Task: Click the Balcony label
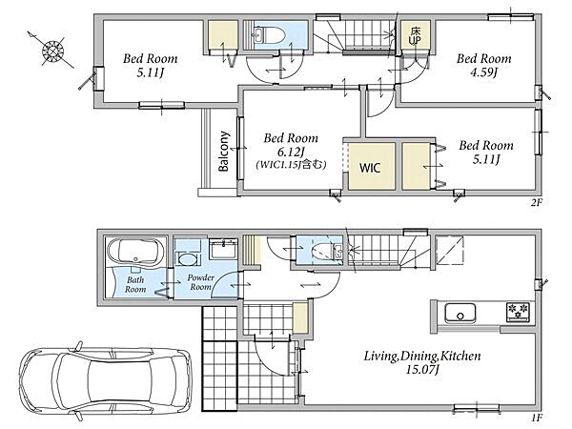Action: point(224,151)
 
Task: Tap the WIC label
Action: point(370,168)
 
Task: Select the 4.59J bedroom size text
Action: point(483,72)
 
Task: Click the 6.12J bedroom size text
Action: point(291,151)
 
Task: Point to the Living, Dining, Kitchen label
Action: point(422,356)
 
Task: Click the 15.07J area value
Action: point(422,370)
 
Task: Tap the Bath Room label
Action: point(135,284)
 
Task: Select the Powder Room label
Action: point(200,282)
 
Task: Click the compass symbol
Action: point(53,51)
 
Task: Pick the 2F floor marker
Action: point(536,202)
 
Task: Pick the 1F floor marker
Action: point(537,417)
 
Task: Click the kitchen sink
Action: point(460,314)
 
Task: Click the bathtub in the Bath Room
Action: point(135,250)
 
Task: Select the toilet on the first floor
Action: point(326,251)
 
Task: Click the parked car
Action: point(106,379)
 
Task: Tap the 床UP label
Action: point(415,36)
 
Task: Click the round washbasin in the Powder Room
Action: point(187,259)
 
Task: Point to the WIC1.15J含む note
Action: point(291,164)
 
